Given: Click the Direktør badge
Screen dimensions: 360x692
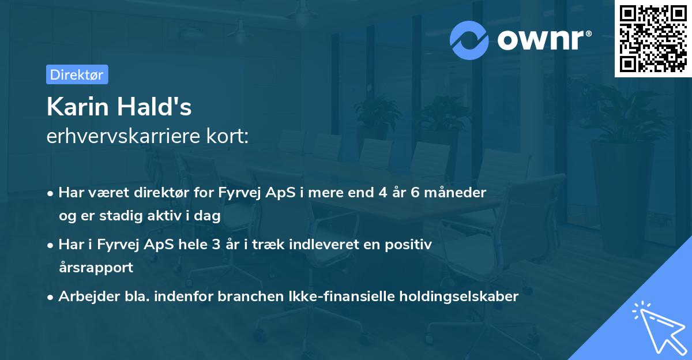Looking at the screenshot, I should tap(77, 74).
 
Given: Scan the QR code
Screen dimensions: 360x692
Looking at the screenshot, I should tap(653, 39).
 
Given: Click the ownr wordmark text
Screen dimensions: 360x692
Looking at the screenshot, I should tap(543, 40).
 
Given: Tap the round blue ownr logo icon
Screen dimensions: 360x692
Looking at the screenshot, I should tap(469, 40).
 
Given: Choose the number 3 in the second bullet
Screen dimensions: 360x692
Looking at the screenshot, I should tap(216, 244).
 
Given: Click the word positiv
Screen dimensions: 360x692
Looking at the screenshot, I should tap(409, 244).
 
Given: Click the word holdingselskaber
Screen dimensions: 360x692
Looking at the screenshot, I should tap(461, 297).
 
